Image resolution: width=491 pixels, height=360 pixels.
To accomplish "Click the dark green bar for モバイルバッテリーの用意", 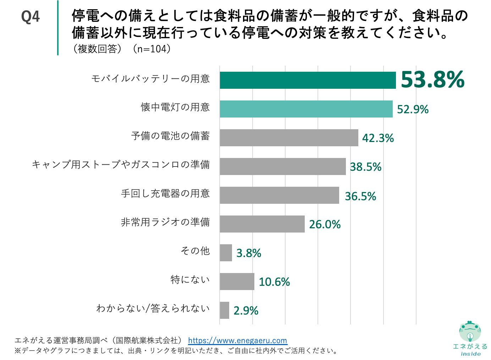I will (307, 80).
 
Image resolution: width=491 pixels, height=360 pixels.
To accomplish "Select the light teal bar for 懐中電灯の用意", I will (306, 109).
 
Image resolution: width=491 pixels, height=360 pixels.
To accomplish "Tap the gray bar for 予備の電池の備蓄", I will (289, 138).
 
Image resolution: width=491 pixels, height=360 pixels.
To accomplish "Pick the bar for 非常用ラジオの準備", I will (262, 224).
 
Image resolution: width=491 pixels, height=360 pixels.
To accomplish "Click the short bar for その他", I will (226, 253).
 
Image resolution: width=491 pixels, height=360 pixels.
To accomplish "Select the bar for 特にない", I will (237, 282).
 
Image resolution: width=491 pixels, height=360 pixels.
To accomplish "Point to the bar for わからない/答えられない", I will (224, 310).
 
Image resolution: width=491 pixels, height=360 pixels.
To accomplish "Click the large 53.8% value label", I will (432, 80).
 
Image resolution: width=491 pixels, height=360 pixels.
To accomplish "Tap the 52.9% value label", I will (412, 109).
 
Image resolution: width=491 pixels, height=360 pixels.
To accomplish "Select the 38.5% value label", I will (365, 167).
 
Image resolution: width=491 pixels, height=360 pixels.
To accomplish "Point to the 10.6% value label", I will (274, 282).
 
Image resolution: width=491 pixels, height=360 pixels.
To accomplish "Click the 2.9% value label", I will (245, 311).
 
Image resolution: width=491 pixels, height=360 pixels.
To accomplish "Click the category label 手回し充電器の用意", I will (165, 193).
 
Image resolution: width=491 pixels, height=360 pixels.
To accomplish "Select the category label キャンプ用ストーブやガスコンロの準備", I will (121, 165).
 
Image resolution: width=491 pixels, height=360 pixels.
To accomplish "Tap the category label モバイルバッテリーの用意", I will (150, 78).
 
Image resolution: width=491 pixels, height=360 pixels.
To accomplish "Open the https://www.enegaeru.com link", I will (237, 341).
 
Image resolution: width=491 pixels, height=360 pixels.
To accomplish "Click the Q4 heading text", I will (30, 17).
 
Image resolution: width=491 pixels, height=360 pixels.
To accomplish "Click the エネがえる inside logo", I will (470, 338).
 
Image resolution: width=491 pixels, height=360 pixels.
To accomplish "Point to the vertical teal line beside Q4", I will (58, 28).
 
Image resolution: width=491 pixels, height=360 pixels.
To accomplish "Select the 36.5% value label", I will (360, 196).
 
